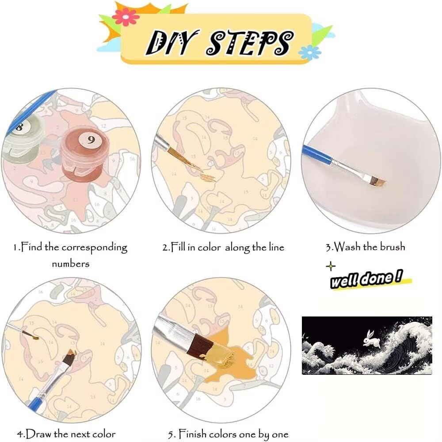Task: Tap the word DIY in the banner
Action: point(171,43)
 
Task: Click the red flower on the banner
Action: point(126,17)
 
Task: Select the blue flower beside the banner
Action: point(309,53)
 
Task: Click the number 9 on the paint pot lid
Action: point(91,140)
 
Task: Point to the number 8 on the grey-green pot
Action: point(19,126)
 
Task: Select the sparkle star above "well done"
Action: point(330,266)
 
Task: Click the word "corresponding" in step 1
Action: point(95,248)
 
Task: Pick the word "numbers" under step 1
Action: point(70,264)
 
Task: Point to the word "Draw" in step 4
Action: point(39,433)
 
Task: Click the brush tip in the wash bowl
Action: point(377,181)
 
